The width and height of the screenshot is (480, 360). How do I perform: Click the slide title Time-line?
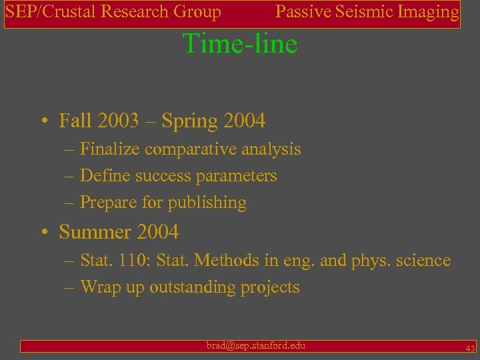239,44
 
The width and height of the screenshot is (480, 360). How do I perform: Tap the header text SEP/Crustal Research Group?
113,12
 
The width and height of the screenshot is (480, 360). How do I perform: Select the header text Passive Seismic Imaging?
367,12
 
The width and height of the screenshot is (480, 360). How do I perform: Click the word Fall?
75,121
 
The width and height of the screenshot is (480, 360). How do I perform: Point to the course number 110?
129,261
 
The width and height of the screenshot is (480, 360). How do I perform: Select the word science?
421,261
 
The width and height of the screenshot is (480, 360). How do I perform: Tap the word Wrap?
99,287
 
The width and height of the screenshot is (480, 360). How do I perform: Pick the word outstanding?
197,287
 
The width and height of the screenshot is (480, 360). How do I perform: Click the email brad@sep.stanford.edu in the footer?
256,345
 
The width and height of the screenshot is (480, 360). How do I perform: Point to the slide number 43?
469,347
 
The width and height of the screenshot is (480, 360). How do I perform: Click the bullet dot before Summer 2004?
44,233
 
